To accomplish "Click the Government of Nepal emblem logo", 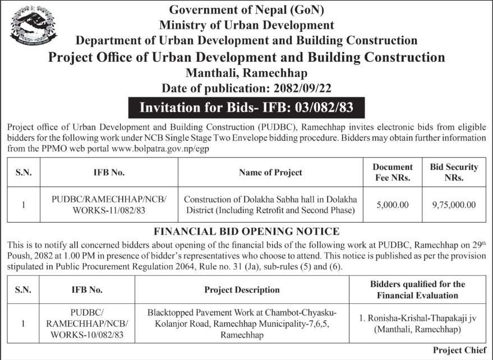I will click(x=33, y=25).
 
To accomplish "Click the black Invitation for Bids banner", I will click(x=246, y=107).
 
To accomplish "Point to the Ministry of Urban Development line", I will click(x=246, y=25).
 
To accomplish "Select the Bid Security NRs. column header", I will click(x=454, y=172).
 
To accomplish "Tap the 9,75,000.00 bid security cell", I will click(x=454, y=205).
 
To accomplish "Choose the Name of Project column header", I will click(x=270, y=172).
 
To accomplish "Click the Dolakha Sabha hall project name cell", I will click(x=270, y=205).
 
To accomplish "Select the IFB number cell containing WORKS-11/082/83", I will click(x=109, y=205).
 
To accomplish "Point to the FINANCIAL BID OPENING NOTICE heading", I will click(x=246, y=231).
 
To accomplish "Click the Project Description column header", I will click(x=242, y=290).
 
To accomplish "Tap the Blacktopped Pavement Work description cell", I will click(x=242, y=323).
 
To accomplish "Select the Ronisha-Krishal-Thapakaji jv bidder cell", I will click(x=417, y=323).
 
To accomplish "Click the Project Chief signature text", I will click(x=459, y=350).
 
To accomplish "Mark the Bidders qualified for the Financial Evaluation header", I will click(x=417, y=290).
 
